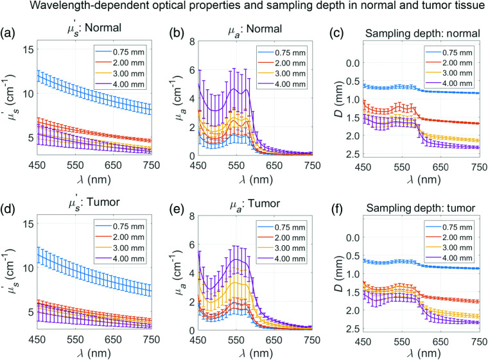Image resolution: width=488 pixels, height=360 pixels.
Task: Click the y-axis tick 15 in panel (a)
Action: (28, 49)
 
